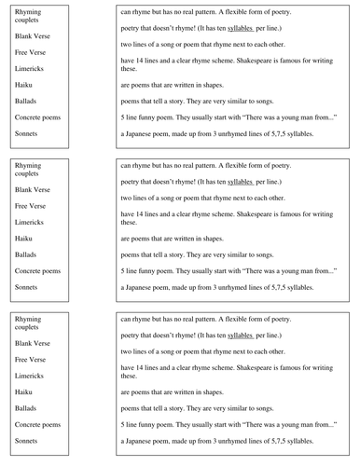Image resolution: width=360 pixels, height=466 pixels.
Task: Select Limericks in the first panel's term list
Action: (31, 68)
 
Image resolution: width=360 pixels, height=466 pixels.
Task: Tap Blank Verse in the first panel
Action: (35, 35)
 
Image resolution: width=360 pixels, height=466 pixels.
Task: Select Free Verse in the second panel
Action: (33, 205)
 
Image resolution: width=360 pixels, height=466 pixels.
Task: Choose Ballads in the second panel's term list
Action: (28, 254)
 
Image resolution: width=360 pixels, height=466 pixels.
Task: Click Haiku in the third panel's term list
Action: (25, 391)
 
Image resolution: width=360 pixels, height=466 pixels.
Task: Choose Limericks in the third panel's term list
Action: (31, 376)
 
